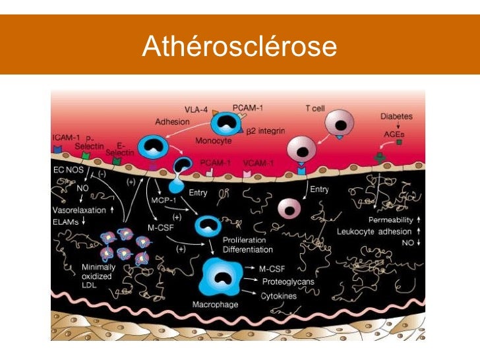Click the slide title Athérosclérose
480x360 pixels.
(239, 47)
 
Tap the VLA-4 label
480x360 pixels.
(196, 109)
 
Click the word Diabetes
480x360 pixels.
(396, 117)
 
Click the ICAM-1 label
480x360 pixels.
(67, 137)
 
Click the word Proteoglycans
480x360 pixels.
(288, 282)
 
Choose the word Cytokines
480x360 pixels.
(279, 296)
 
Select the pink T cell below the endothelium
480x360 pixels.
(288, 208)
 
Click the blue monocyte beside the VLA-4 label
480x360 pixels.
(225, 123)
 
